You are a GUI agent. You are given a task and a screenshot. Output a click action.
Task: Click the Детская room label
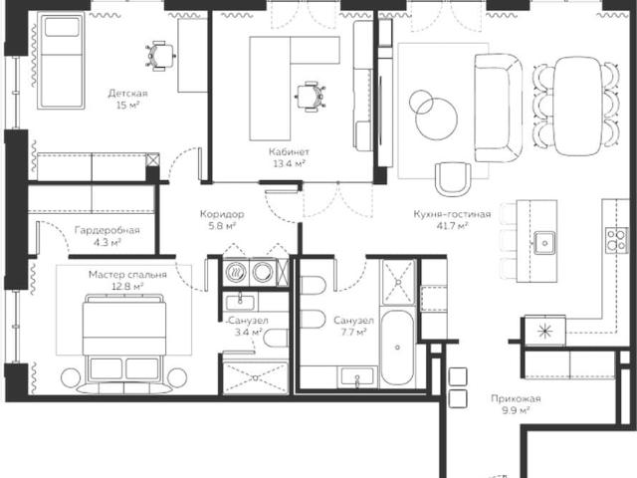tap(127, 94)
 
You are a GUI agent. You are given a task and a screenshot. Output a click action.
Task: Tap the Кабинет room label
tap(289, 152)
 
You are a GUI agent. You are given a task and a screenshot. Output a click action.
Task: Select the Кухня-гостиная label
tap(452, 214)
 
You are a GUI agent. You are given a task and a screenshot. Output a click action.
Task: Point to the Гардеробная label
tap(106, 230)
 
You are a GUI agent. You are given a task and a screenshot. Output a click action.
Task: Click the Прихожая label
tap(516, 398)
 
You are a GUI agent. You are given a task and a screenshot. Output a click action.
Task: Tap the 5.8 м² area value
tap(222, 226)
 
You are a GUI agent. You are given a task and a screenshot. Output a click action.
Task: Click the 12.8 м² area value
tap(127, 287)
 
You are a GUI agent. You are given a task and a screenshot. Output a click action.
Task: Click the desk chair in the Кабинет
tap(310, 97)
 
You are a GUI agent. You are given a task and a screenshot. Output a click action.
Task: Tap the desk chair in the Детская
tap(160, 56)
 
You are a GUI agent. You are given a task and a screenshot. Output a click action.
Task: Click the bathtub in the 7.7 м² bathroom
tap(397, 348)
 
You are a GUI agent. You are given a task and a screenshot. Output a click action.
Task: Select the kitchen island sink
tap(544, 243)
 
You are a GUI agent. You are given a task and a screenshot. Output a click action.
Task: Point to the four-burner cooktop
tap(616, 240)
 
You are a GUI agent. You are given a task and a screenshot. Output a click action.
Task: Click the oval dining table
tap(577, 107)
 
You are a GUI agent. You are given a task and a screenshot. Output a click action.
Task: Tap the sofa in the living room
tap(498, 109)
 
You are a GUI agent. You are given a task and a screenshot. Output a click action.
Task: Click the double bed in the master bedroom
tap(123, 344)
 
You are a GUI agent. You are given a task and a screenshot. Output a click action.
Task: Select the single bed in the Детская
tap(61, 61)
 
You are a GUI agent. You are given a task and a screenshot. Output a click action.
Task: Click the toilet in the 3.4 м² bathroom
tap(276, 339)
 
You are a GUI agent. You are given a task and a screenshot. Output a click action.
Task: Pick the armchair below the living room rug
tap(453, 179)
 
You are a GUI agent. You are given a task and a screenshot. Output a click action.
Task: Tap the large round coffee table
tap(436, 119)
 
